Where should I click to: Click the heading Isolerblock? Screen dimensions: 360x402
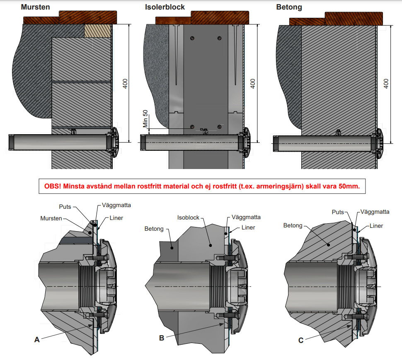(165, 7)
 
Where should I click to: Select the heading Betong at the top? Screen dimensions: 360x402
(289, 7)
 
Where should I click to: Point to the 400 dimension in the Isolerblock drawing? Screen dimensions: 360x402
(253, 83)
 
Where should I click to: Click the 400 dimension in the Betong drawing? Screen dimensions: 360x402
(387, 83)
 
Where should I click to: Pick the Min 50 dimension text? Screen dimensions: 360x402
(145, 118)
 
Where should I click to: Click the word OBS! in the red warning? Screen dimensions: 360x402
(52, 186)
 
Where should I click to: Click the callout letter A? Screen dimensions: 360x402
(37, 339)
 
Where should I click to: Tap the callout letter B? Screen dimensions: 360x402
(162, 338)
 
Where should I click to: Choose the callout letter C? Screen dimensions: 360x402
(301, 340)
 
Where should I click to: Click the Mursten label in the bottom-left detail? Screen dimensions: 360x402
(51, 218)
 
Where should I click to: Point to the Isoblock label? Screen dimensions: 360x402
(188, 217)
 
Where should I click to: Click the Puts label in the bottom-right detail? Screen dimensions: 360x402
(338, 212)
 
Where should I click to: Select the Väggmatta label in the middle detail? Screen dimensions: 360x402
(247, 217)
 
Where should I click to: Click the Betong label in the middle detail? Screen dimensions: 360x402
(154, 228)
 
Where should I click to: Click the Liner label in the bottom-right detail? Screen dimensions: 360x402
(376, 226)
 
